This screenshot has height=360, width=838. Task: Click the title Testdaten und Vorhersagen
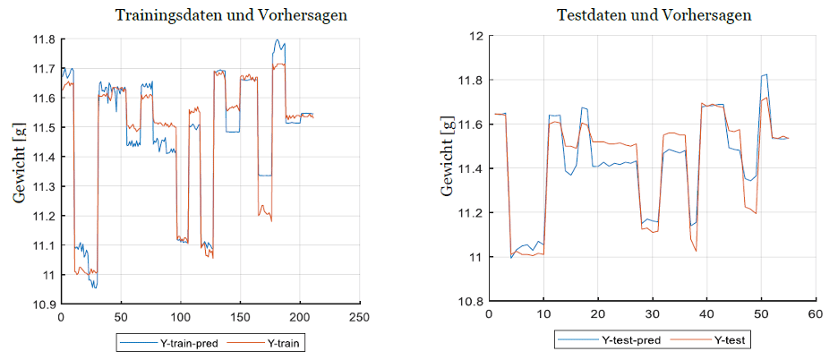pyautogui.click(x=654, y=15)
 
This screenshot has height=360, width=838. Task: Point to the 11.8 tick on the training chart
pyautogui.click(x=44, y=39)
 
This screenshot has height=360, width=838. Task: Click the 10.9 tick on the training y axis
pyautogui.click(x=44, y=304)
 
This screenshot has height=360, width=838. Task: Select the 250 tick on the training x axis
pyautogui.click(x=360, y=317)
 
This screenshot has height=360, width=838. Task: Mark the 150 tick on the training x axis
pyautogui.click(x=240, y=317)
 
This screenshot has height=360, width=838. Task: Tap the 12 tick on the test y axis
pyautogui.click(x=475, y=36)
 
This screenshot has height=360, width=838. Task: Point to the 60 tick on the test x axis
pyautogui.click(x=815, y=314)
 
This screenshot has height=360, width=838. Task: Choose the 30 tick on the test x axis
pyautogui.click(x=652, y=314)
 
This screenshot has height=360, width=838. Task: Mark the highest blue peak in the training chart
pyautogui.click(x=278, y=40)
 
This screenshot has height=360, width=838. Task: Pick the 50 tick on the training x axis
pyautogui.click(x=121, y=317)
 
